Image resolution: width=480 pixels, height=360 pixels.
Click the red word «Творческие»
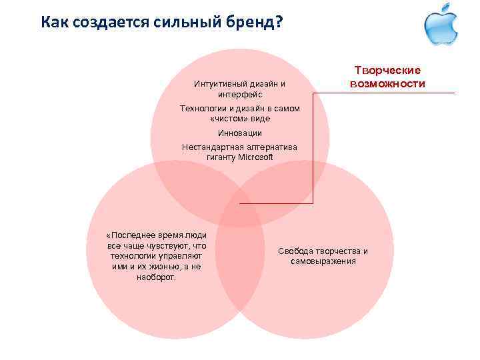pos(388,71)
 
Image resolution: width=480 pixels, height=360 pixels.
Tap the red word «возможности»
pos(388,84)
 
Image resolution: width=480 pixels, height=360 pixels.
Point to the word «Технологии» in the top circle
pos(203,108)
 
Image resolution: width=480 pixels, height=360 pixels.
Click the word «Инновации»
pos(240,133)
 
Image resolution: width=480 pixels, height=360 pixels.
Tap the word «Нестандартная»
pos(211,147)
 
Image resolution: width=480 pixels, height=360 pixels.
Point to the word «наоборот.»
pos(156,277)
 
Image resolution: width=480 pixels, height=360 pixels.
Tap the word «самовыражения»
pos(323,261)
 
